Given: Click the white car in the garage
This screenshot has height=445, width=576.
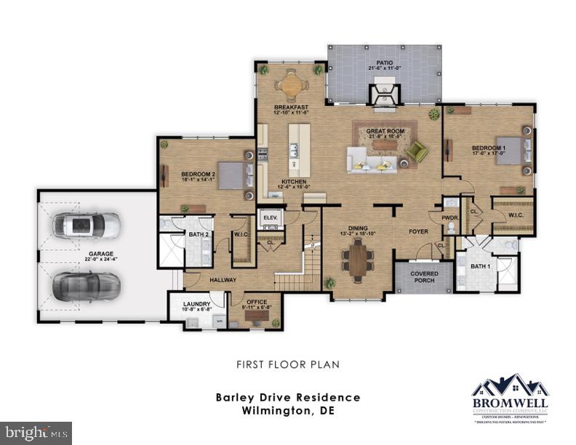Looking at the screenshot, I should pyautogui.click(x=86, y=225).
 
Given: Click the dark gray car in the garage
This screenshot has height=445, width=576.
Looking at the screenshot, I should pyautogui.click(x=85, y=286).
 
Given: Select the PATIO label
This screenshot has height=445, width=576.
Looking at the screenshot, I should pyautogui.click(x=384, y=63).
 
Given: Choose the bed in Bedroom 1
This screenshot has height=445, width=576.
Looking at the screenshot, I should pyautogui.click(x=511, y=151).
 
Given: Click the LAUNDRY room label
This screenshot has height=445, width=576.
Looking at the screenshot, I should pyautogui.click(x=197, y=304).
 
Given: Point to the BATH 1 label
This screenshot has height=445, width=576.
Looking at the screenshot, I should pyautogui.click(x=481, y=266).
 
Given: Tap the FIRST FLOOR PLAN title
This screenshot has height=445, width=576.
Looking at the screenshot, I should pyautogui.click(x=288, y=364).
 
